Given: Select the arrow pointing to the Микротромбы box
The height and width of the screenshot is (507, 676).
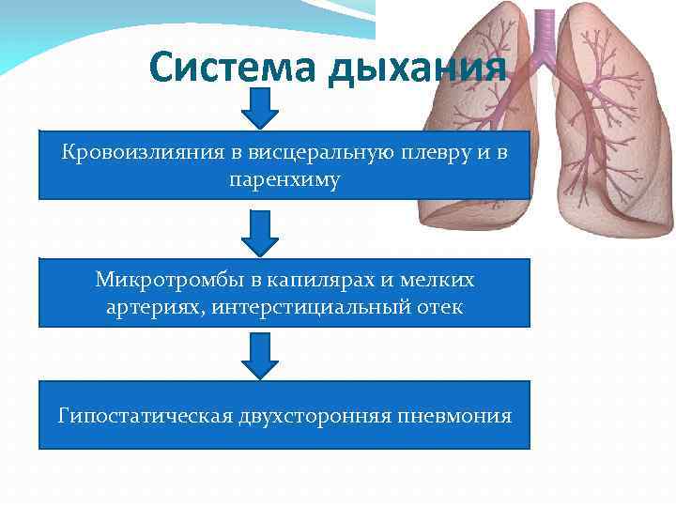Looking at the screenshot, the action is pyautogui.click(x=260, y=233).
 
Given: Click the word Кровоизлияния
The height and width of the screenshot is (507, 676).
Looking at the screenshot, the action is pyautogui.click(x=129, y=151).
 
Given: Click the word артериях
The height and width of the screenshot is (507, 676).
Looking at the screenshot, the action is pyautogui.click(x=150, y=307).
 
